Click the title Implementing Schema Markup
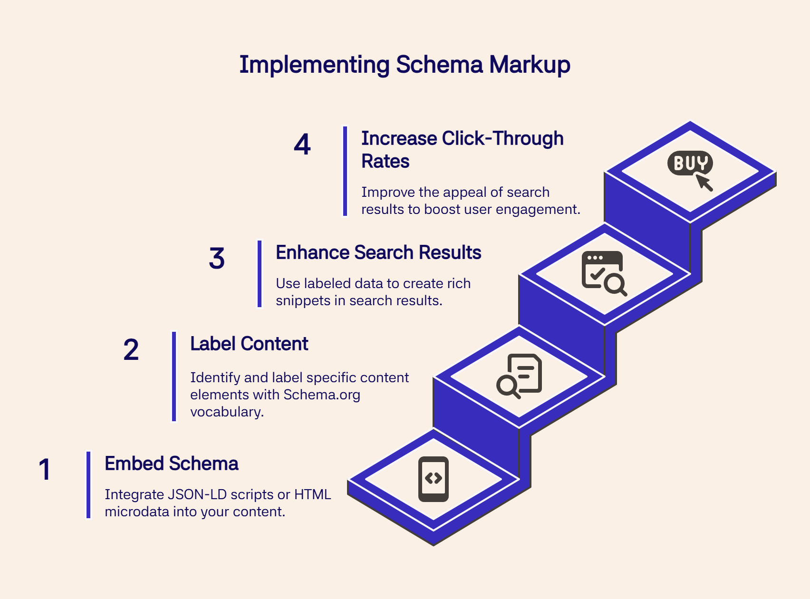point(405,65)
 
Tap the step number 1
point(45,469)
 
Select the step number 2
point(131,350)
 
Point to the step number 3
point(217,259)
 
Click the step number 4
point(302,145)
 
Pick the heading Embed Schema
point(171,464)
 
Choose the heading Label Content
point(249,344)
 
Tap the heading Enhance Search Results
point(378,252)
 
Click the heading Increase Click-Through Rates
point(462,149)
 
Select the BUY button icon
point(689,163)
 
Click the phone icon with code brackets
point(433,479)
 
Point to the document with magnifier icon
point(520,376)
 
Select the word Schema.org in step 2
point(322,395)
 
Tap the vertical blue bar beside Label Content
point(174,376)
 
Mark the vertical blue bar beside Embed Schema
point(88,484)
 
